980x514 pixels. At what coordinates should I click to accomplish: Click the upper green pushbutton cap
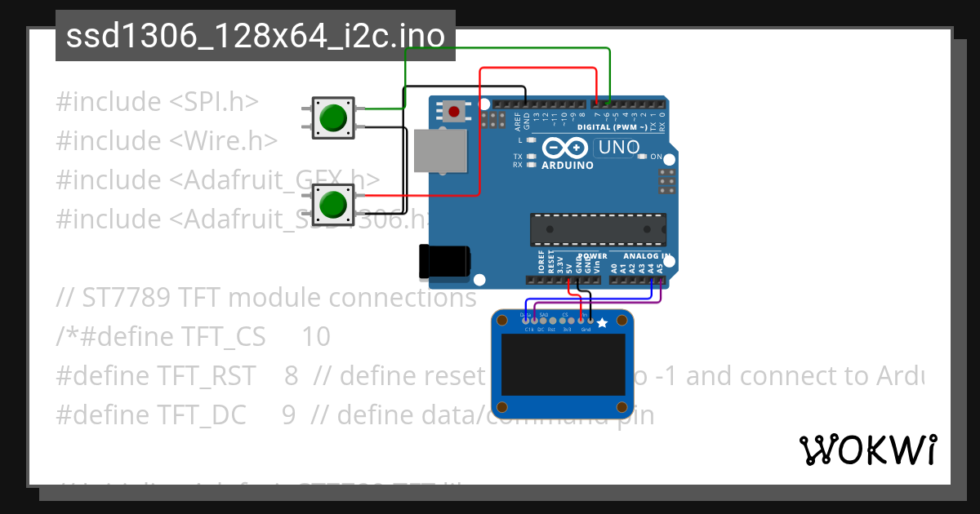(x=333, y=117)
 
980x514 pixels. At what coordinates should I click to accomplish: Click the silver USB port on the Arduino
(x=440, y=151)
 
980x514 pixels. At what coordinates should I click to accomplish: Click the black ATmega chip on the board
(x=598, y=229)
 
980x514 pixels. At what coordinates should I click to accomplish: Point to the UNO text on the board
(x=618, y=148)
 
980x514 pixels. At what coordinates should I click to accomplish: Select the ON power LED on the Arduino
(x=642, y=156)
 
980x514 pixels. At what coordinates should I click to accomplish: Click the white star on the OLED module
(x=602, y=323)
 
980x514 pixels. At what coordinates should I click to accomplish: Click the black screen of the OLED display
(x=563, y=368)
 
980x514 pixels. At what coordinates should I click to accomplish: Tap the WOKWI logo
(x=867, y=450)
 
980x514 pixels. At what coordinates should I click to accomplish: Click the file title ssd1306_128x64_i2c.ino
(x=255, y=36)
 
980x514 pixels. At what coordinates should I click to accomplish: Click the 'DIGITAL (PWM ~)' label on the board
(x=612, y=128)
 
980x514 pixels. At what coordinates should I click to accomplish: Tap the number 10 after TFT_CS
(x=316, y=337)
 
